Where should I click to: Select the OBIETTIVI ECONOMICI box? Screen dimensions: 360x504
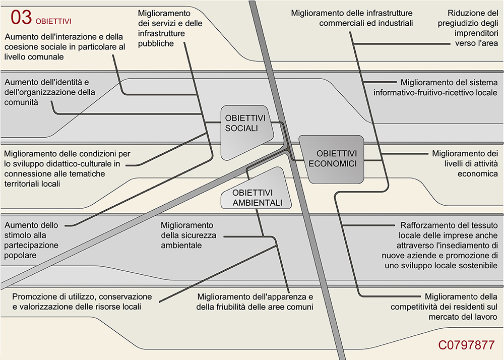[x=332, y=158]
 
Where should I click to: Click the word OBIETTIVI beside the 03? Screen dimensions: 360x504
[x=53, y=21]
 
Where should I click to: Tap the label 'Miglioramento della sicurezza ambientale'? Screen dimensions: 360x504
[x=187, y=235]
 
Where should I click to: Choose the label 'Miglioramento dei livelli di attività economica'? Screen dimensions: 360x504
[x=465, y=163]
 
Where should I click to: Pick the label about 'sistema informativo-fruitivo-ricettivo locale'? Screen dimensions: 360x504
[x=435, y=87]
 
